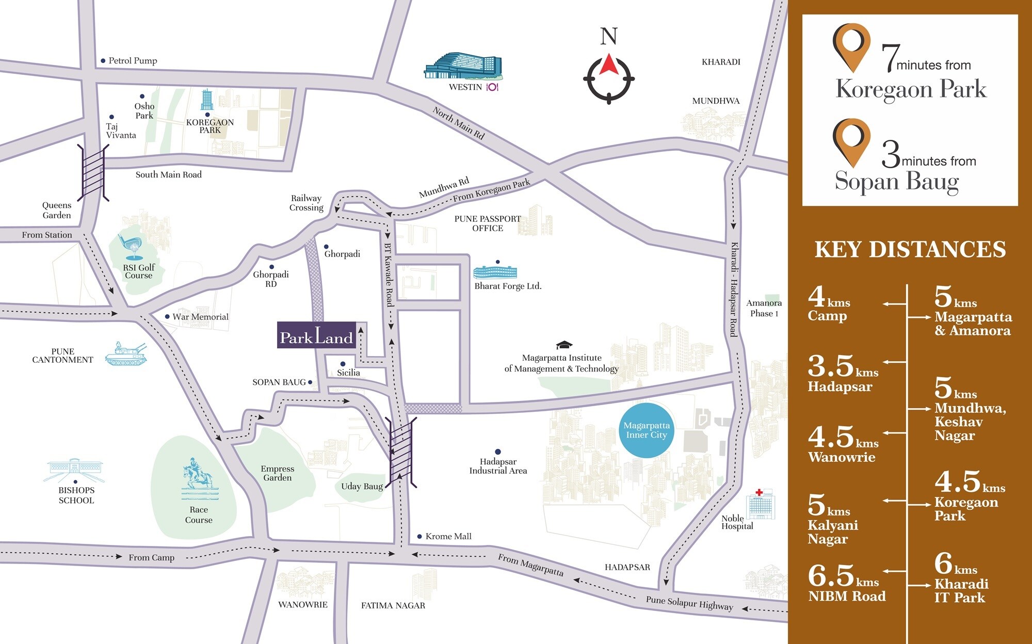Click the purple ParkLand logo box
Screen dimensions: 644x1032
[x=316, y=335]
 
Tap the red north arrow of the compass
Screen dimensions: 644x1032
[x=609, y=64]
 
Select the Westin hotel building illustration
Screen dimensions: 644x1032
[x=463, y=66]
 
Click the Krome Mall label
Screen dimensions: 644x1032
[x=448, y=536]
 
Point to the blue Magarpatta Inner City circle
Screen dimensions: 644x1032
[x=647, y=430]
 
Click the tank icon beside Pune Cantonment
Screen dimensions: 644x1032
[x=125, y=355]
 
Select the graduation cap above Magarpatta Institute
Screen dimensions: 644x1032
[x=564, y=345]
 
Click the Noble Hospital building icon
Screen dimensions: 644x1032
[x=761, y=505]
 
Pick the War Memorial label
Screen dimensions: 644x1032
[x=200, y=317]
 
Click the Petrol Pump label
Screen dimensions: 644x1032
[x=132, y=61]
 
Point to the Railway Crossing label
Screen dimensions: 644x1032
[x=306, y=203]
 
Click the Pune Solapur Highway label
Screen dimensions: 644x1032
[x=689, y=603]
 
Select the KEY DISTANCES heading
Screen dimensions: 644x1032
[x=910, y=250]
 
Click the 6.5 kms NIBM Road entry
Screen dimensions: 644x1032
[x=846, y=583]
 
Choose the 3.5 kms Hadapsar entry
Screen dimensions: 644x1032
[x=842, y=374]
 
